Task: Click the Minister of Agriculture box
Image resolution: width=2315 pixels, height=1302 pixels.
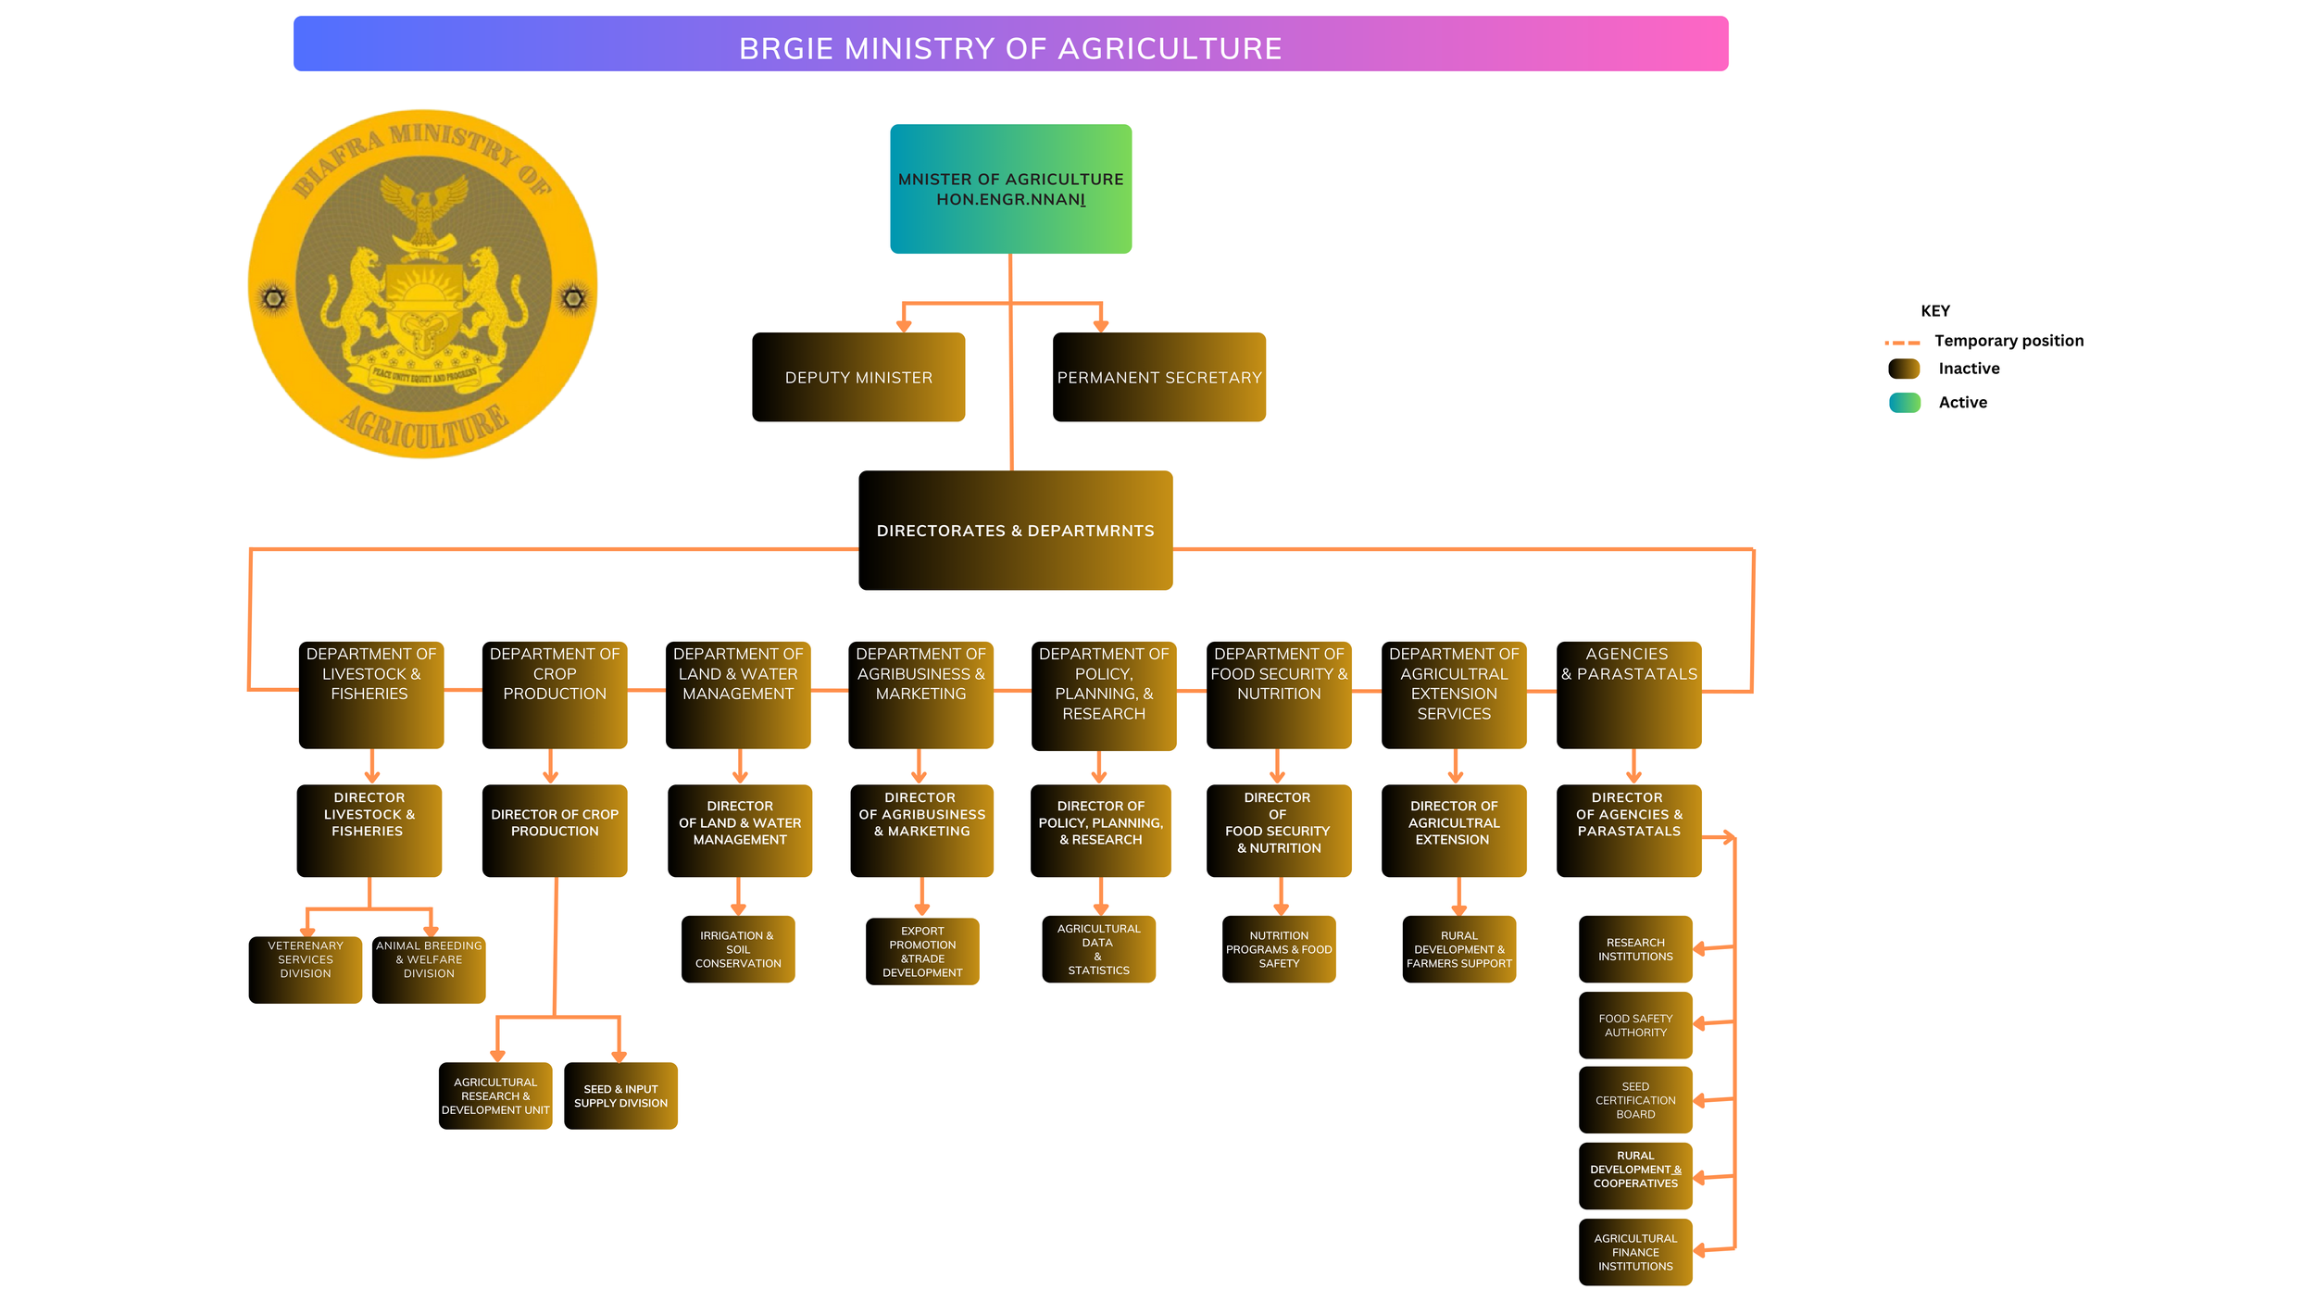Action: click(x=1010, y=189)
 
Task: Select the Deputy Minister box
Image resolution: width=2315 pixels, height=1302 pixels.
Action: click(x=858, y=377)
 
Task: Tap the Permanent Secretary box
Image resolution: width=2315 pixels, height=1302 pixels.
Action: click(x=1158, y=377)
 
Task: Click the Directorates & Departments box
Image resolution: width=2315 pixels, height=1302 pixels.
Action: click(x=1015, y=531)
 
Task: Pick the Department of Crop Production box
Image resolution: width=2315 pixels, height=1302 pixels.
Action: click(x=555, y=695)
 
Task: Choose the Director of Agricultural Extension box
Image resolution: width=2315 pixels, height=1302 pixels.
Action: click(x=1453, y=830)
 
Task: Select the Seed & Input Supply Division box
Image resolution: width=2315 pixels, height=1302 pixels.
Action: click(x=620, y=1095)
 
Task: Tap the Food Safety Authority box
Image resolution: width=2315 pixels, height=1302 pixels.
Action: click(x=1634, y=1025)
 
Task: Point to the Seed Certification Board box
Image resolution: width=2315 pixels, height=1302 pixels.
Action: click(x=1634, y=1100)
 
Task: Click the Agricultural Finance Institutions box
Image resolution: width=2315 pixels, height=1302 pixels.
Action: click(x=1634, y=1252)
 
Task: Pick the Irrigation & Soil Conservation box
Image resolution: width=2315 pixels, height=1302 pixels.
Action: click(x=738, y=949)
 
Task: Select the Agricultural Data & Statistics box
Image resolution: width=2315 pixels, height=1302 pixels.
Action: click(x=1098, y=949)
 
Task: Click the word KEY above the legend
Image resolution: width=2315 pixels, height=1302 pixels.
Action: click(x=1934, y=311)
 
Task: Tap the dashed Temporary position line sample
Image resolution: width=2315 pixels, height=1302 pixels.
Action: click(x=1902, y=343)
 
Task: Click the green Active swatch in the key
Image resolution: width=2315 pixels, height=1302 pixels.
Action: click(x=1904, y=403)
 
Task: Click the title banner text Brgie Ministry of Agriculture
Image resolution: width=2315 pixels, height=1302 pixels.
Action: click(x=1010, y=48)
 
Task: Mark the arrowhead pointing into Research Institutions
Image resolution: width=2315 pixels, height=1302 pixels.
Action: click(x=1699, y=949)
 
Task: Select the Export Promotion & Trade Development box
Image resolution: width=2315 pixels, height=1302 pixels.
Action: click(x=922, y=951)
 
